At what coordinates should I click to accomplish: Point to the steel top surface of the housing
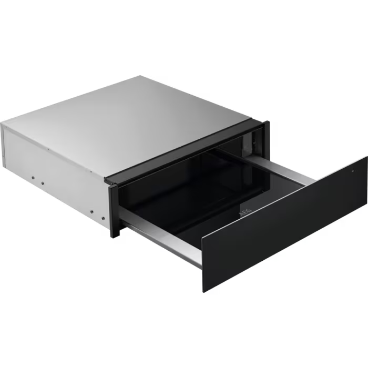(x=137, y=116)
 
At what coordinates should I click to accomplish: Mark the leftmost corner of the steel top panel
(x=2, y=124)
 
